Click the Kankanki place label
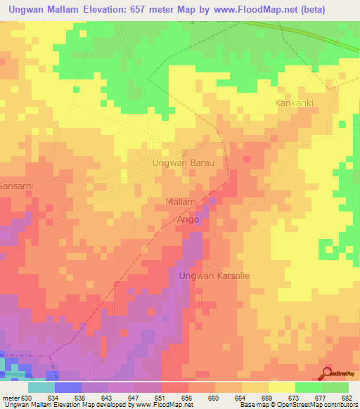[293, 103]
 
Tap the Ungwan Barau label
[183, 162]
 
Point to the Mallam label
[180, 202]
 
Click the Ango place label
[188, 220]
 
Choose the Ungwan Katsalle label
[214, 275]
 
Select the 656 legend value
[186, 398]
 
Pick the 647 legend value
[133, 398]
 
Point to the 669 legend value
[266, 398]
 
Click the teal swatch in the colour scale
[41, 387]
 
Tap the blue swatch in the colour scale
[68, 387]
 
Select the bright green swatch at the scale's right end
[335, 387]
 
